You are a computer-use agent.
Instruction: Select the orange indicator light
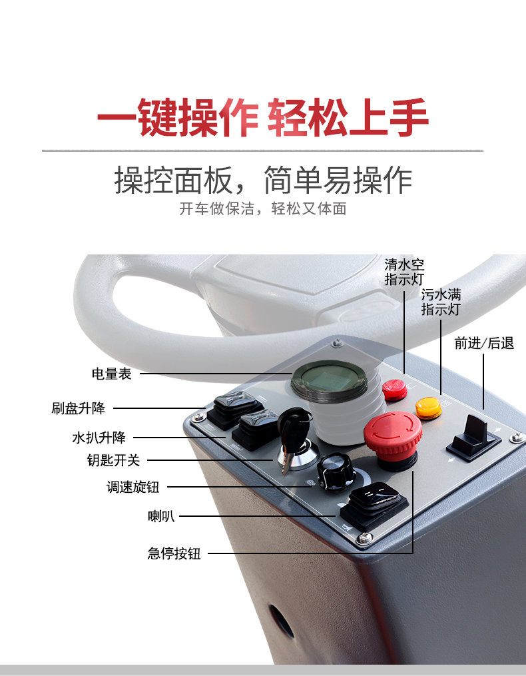coord(428,407)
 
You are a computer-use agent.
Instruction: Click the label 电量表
coord(112,374)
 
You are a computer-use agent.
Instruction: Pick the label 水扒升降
coord(99,438)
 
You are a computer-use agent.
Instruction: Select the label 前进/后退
coord(484,344)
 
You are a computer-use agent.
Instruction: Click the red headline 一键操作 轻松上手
coord(262,119)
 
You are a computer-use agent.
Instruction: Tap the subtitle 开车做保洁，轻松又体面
coord(262,208)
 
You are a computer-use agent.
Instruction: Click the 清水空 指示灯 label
coord(404,272)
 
